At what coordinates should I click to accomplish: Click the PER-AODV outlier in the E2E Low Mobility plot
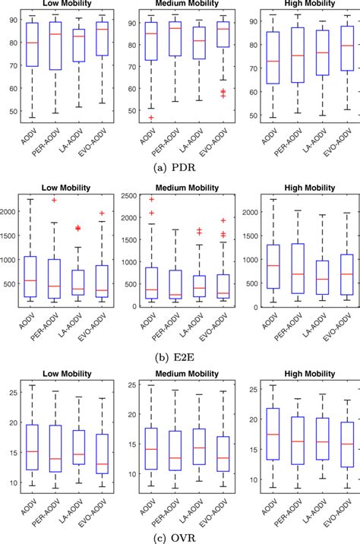54,200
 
